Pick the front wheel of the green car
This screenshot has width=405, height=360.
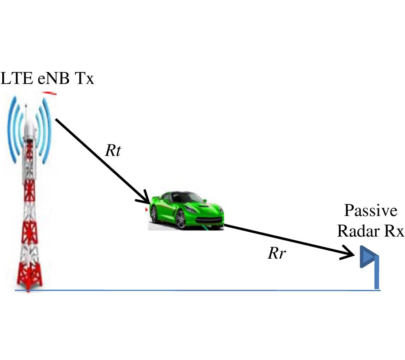pos(180,220)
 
